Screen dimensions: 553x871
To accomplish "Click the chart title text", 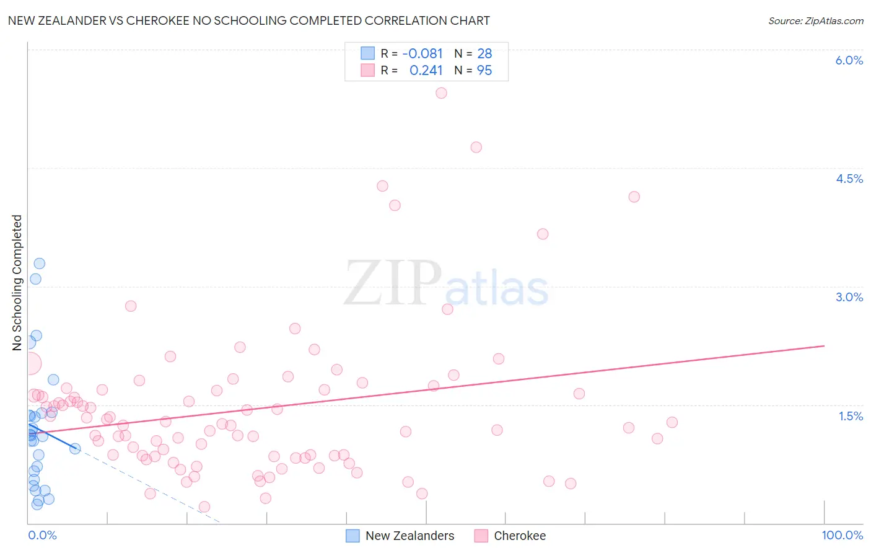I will coord(248,21).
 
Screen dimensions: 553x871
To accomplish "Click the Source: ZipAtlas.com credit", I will coord(815,21).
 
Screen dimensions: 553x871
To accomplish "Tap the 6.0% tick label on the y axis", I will coord(849,60).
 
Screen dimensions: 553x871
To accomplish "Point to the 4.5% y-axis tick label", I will coord(849,179).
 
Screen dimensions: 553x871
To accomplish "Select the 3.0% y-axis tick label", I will coord(849,297).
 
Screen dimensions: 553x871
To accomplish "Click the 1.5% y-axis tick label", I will coord(851,416).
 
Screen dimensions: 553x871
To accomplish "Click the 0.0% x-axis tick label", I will coord(42,535).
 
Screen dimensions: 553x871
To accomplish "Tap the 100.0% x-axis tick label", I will coord(842,535).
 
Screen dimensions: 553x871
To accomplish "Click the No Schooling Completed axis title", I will coord(17,283).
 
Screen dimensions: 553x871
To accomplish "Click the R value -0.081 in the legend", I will coord(422,54).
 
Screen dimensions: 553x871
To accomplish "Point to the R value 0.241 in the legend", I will coord(426,71).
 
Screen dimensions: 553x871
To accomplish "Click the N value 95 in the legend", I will coord(484,71).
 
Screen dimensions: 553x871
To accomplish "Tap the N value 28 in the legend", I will coord(484,54).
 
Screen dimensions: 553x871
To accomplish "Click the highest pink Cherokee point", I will coord(441,93).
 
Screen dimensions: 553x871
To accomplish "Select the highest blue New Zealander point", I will coord(39,263).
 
